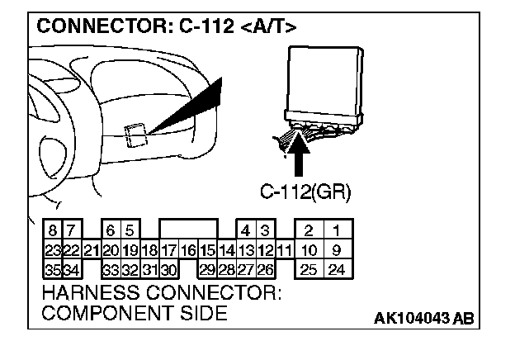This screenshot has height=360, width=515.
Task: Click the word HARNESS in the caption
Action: click(x=82, y=294)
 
